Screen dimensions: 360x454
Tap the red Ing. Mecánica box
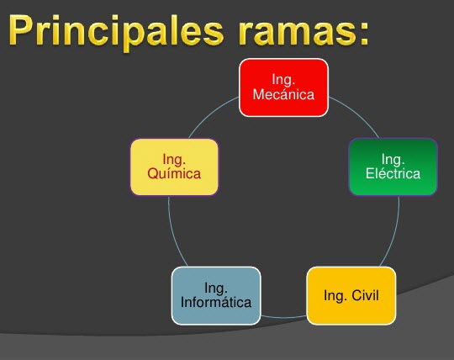[283, 87]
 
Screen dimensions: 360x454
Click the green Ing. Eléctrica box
[393, 167]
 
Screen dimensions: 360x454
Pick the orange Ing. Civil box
[351, 295]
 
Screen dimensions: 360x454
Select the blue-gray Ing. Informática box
[216, 295]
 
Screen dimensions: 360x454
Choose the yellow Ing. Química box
[174, 167]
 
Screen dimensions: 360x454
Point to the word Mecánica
[283, 94]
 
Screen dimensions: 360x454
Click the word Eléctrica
[393, 174]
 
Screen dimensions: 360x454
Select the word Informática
[216, 302]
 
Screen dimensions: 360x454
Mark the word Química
[174, 174]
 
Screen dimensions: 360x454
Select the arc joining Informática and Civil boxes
[283, 317]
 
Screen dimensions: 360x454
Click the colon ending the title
[362, 34]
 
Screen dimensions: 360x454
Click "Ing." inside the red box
[283, 79]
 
